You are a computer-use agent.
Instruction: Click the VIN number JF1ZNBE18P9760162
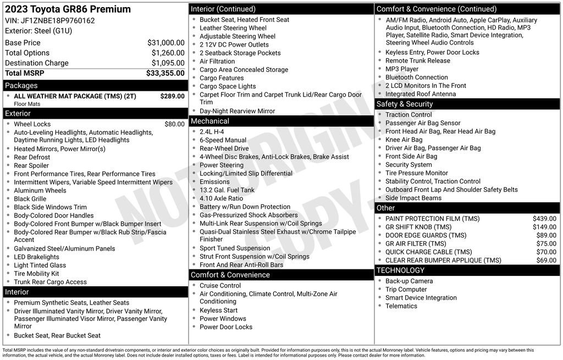[58, 21]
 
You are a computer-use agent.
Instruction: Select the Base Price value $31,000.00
[165, 43]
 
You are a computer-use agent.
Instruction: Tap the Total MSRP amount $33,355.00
[165, 73]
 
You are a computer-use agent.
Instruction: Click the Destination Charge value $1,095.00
[168, 63]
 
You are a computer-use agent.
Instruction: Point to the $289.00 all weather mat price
[172, 96]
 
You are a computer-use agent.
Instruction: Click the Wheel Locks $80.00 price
[174, 124]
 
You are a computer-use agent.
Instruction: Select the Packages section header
[21, 86]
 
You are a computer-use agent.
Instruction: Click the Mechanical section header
[210, 121]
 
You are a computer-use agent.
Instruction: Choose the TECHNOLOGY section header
[400, 270]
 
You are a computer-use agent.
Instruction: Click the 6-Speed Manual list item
[223, 140]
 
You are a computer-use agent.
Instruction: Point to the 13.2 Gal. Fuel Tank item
[227, 190]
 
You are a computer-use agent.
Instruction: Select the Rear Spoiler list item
[31, 165]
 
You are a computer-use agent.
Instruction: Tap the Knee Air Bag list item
[404, 140]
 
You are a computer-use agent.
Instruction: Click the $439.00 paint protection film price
[544, 219]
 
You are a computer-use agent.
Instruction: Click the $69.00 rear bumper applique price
[546, 261]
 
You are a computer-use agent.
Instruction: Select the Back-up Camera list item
[409, 281]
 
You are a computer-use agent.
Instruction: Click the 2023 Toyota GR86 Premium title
[68, 9]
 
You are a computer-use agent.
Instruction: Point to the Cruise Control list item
[220, 286]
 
